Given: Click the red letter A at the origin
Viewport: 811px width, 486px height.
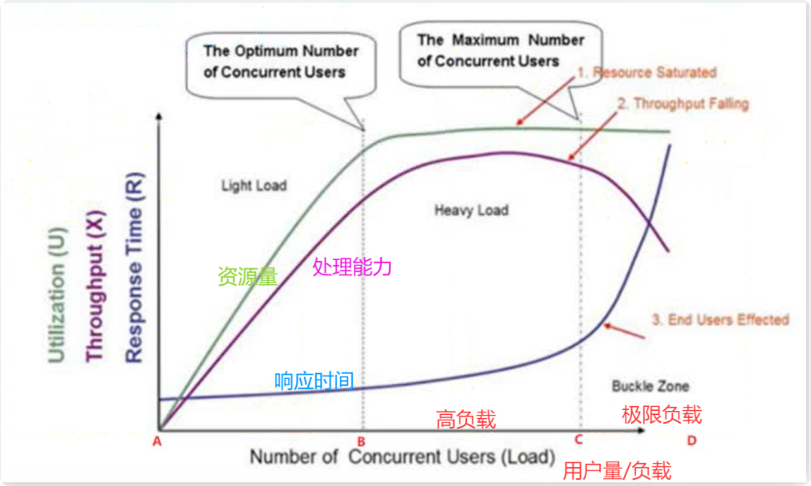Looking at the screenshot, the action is pyautogui.click(x=157, y=441).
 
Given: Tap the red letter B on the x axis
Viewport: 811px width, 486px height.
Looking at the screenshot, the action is pyautogui.click(x=361, y=442).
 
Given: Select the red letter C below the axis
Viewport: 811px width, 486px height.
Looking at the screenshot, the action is pyautogui.click(x=579, y=439).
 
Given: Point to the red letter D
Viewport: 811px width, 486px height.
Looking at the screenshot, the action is pyautogui.click(x=692, y=440).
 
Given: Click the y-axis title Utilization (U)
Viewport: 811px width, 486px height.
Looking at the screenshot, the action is pyautogui.click(x=57, y=295).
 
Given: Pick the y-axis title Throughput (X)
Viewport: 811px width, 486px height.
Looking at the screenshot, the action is pyautogui.click(x=95, y=286).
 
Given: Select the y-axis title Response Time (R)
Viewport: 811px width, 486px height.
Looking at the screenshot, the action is pyautogui.click(x=134, y=268).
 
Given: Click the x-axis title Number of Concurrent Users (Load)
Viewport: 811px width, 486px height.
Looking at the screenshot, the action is pyautogui.click(x=402, y=457).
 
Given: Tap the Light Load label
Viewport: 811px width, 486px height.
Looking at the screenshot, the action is pyautogui.click(x=254, y=186).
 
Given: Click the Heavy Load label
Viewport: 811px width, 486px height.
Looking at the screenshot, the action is pyautogui.click(x=471, y=210).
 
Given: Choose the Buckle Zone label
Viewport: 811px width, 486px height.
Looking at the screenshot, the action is pyautogui.click(x=650, y=386).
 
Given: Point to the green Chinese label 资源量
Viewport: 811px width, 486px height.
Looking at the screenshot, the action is pyautogui.click(x=247, y=276).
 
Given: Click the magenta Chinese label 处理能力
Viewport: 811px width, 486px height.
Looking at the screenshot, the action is pyautogui.click(x=352, y=267).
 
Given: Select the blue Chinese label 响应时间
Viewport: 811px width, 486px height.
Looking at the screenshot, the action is pyautogui.click(x=314, y=381).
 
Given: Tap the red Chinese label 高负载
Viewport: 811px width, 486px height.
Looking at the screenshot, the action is pyautogui.click(x=466, y=419).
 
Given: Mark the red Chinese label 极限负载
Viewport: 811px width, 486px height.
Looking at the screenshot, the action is pyautogui.click(x=662, y=415).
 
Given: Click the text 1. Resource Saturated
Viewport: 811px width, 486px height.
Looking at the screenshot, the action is pyautogui.click(x=647, y=72).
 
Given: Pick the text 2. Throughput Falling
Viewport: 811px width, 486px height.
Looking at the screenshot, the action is pyautogui.click(x=683, y=104).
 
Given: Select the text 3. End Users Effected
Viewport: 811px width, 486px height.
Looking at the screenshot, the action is pyautogui.click(x=720, y=320).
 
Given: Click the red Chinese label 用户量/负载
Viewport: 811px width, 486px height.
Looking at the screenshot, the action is pyautogui.click(x=617, y=471).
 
